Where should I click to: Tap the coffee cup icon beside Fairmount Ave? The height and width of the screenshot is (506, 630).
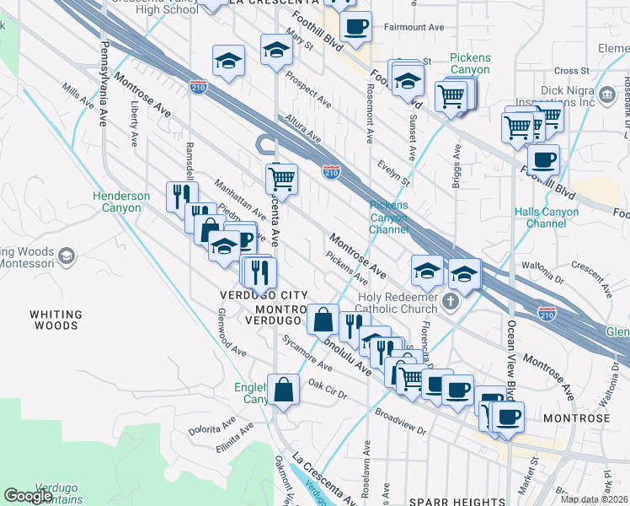357,26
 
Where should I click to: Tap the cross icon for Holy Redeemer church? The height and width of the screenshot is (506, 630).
451,302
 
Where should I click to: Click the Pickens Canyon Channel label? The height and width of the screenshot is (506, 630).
389,217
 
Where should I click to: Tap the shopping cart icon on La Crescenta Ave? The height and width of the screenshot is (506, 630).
280,178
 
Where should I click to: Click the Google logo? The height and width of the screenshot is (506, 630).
29,495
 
